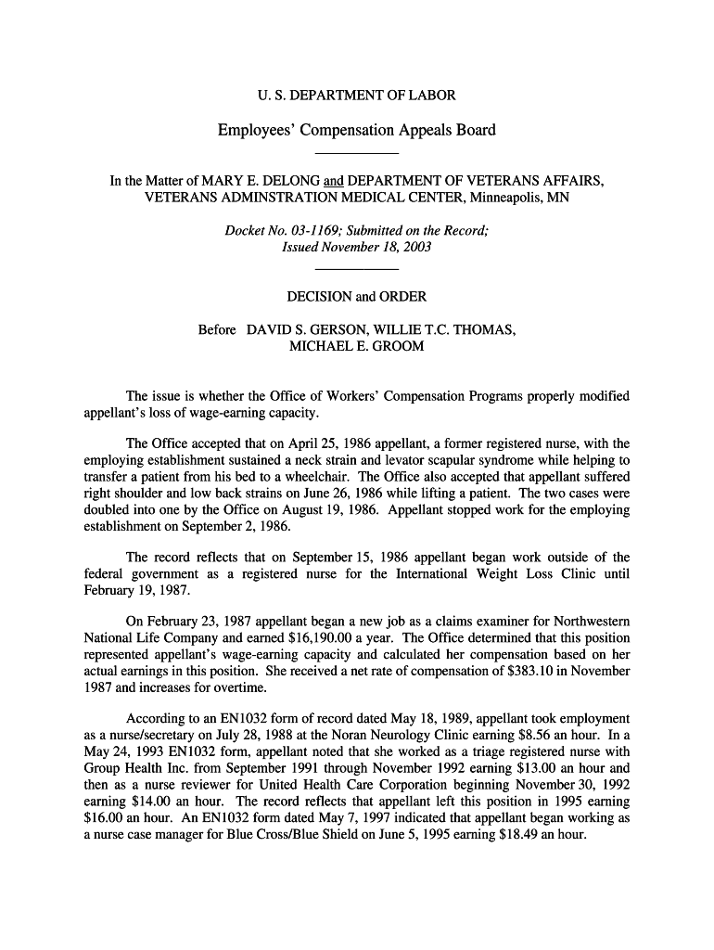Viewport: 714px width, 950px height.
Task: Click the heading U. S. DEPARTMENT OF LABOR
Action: (356, 96)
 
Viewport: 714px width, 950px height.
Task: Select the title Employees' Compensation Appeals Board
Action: (356, 130)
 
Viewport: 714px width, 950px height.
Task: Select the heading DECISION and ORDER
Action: (356, 297)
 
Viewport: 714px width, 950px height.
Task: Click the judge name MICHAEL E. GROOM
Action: (357, 346)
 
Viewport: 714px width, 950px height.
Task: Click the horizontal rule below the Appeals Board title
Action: (356, 152)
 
